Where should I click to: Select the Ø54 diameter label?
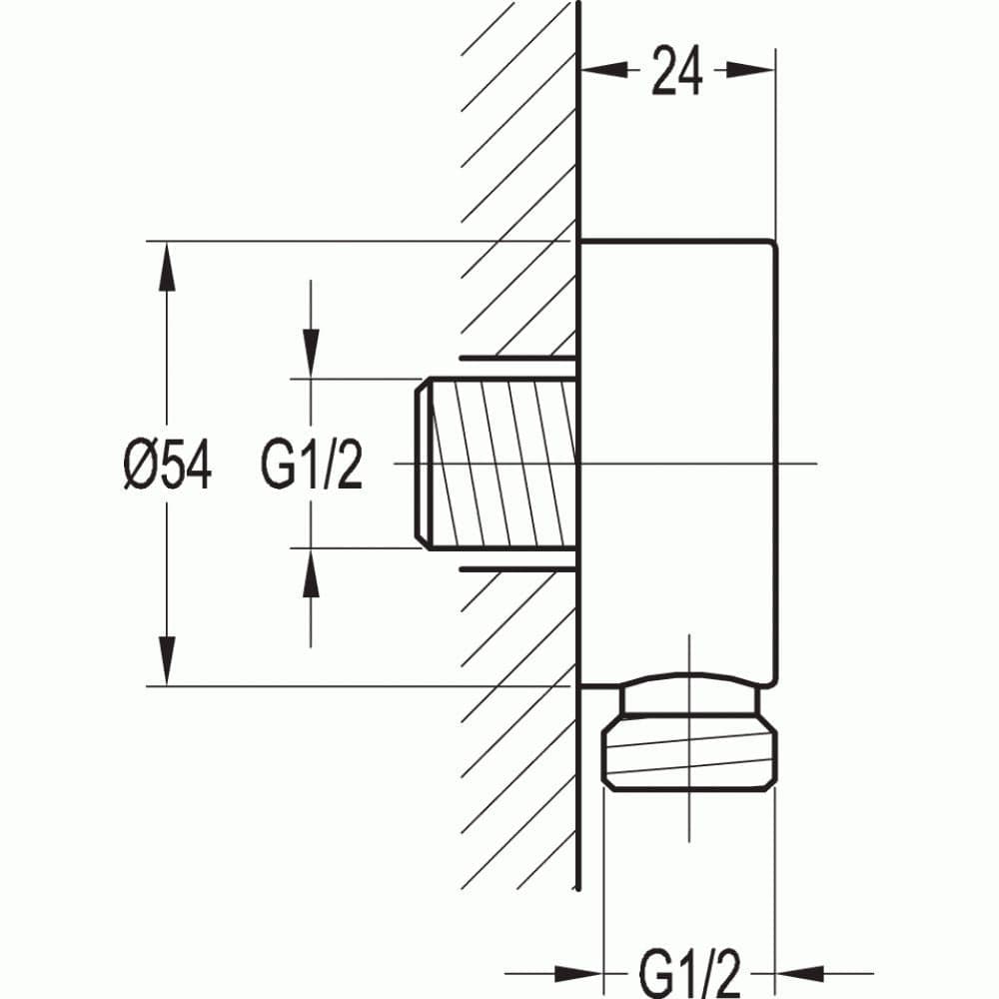click(x=168, y=466)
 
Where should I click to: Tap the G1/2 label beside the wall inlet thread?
click(x=312, y=466)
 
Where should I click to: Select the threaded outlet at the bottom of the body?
click(x=689, y=754)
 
